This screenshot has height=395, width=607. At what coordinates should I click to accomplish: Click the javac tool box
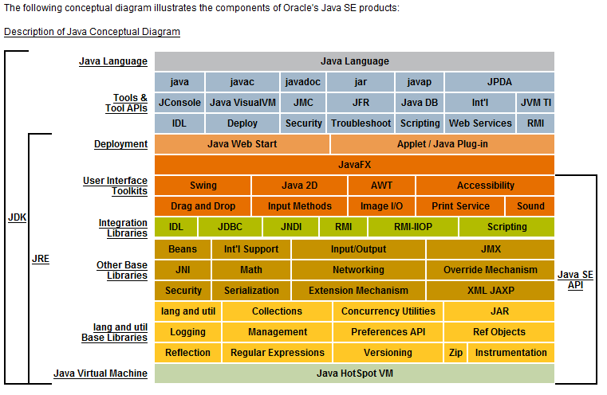(242, 81)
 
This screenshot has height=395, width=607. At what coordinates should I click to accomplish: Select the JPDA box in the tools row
(499, 81)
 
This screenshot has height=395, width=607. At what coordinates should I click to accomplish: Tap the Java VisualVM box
(242, 102)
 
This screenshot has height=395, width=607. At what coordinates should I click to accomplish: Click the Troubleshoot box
(361, 123)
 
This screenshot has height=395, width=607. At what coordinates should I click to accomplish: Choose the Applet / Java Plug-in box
(442, 143)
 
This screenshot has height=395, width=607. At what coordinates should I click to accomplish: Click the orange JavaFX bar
(354, 164)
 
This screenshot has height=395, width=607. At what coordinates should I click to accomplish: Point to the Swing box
(203, 185)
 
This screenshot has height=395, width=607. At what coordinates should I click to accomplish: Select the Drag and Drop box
(203, 205)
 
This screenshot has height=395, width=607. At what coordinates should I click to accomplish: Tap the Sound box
(530, 205)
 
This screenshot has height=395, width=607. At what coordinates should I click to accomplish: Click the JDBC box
(231, 226)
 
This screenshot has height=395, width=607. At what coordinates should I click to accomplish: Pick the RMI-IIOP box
(412, 226)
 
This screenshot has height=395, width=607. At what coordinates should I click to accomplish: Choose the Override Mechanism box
(491, 269)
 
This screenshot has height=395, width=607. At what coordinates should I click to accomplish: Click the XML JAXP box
(491, 290)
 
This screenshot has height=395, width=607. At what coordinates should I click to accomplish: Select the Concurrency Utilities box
(388, 311)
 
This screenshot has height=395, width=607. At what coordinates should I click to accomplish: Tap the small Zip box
(455, 352)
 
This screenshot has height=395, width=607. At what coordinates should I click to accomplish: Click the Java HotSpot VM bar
(354, 373)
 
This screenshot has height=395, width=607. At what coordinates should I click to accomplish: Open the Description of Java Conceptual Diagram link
(92, 32)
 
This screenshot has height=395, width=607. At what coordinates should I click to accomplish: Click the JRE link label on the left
(40, 259)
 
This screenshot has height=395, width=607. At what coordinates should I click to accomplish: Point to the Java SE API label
(575, 280)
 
